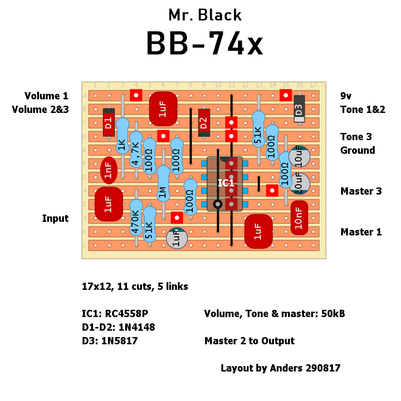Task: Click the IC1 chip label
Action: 226,183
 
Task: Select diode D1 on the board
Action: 108,122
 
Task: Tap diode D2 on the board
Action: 204,122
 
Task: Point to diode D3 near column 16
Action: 299,109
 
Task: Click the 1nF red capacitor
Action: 108,170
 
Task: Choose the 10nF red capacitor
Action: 299,217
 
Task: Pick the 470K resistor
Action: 136,218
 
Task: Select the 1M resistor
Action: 163,184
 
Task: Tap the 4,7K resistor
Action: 136,150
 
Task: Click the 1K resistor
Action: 122,136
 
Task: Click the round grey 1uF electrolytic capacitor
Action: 177,238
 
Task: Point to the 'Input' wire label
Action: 55,219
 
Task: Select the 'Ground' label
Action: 357,151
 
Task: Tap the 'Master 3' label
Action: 361,191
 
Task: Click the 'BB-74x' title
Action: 204,44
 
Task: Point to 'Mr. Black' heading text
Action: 205,15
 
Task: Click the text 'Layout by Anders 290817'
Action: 280,368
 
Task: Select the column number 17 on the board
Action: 313,85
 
